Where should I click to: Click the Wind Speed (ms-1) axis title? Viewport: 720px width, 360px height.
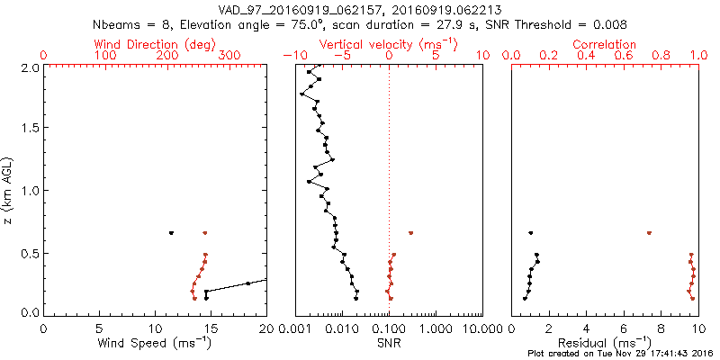[x=156, y=344]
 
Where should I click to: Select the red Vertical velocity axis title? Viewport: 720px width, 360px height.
[x=388, y=44]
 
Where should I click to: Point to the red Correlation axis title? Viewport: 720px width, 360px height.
[x=605, y=44]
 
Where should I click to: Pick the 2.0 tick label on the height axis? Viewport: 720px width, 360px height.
[x=29, y=67]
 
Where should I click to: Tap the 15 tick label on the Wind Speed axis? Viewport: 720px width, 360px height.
[x=211, y=329]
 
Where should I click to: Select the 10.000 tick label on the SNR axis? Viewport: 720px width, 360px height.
[x=481, y=329]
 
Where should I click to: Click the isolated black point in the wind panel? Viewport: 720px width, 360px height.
[x=171, y=233]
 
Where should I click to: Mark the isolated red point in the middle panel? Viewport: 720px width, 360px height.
[x=410, y=233]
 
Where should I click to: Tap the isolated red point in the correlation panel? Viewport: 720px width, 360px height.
[x=649, y=233]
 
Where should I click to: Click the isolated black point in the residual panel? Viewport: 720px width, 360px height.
[x=530, y=233]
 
